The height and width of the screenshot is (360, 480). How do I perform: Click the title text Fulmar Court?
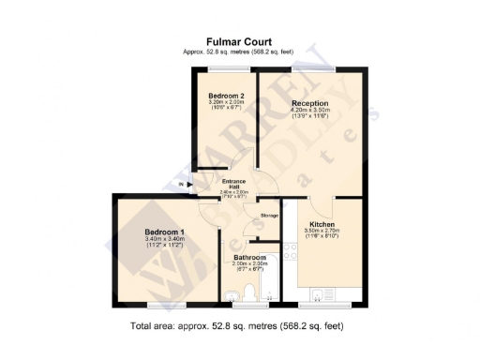point(241,42)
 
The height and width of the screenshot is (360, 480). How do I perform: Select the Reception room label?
point(310,103)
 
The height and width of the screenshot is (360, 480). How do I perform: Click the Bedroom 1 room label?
point(164,232)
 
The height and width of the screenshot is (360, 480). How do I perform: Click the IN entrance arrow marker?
point(182,185)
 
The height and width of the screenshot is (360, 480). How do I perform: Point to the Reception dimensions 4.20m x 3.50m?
point(310,112)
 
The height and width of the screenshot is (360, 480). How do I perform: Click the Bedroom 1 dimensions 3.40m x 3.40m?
point(165,240)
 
